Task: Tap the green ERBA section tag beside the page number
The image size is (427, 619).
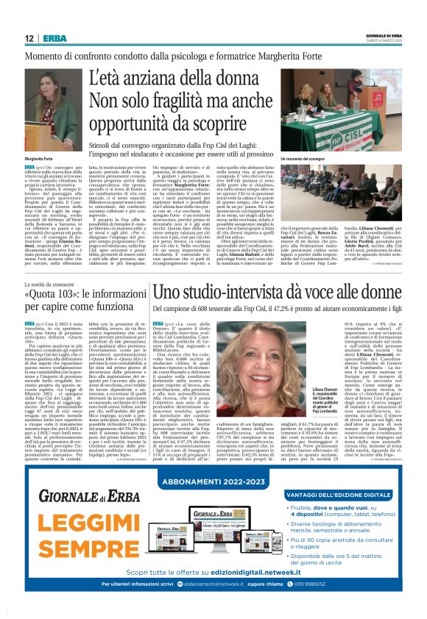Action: tap(53, 37)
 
